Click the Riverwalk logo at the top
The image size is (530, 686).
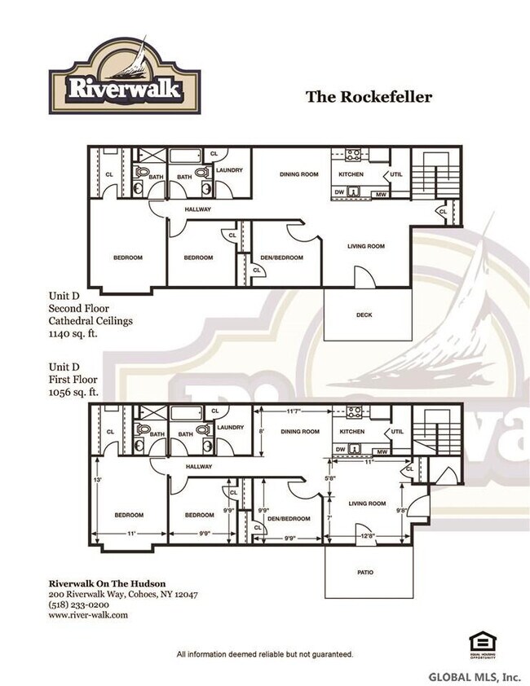click(x=123, y=78)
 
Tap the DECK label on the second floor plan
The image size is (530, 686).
click(x=364, y=314)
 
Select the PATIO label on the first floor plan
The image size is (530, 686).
click(x=364, y=572)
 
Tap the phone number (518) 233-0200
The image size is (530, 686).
click(x=78, y=605)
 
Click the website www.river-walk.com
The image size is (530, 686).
click(x=88, y=616)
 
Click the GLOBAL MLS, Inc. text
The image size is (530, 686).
click(x=475, y=676)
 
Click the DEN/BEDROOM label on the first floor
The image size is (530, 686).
click(x=289, y=518)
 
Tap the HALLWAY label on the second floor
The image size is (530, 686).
click(x=198, y=209)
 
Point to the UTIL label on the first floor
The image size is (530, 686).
click(x=396, y=431)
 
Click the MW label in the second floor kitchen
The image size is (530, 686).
click(x=380, y=194)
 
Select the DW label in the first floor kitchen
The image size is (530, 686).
click(x=339, y=449)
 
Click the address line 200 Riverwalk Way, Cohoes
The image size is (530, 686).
click(x=122, y=594)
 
